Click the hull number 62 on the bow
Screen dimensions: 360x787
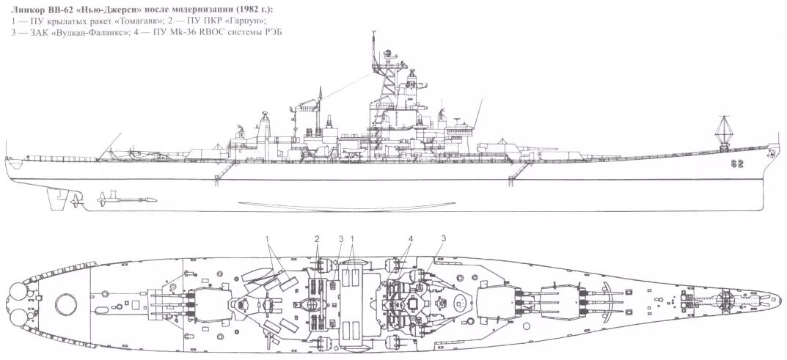pos(737,164)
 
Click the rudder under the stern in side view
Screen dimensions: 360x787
pos(74,198)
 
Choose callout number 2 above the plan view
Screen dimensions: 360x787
pos(317,239)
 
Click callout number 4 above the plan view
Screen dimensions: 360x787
pos(411,239)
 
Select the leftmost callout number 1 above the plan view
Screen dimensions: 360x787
pos(268,239)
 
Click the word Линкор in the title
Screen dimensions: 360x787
pos(29,8)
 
